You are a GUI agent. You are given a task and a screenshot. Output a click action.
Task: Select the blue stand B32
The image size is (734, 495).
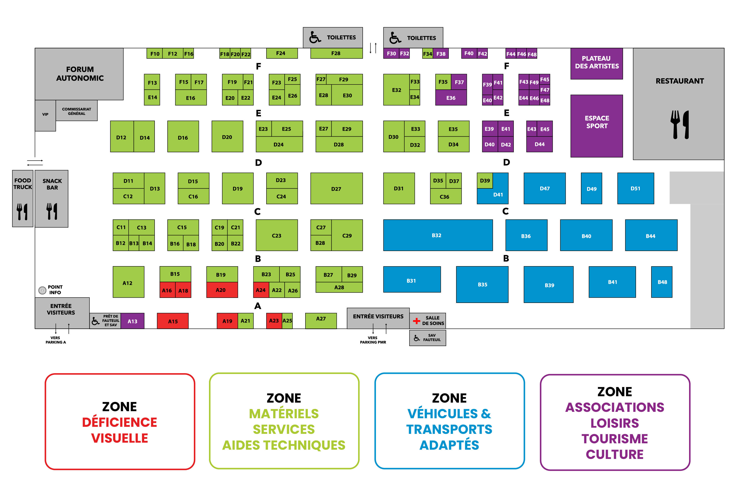pos(438,235)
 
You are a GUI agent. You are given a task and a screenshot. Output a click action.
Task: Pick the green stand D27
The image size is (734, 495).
pos(336,188)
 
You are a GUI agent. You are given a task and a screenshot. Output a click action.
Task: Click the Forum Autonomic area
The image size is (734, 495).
pos(80,74)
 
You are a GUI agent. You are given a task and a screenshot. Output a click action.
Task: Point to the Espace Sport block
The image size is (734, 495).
pos(596,126)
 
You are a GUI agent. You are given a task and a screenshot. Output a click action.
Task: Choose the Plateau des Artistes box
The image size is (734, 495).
pos(596,63)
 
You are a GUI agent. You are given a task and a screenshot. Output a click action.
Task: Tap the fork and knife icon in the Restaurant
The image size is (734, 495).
pos(679,124)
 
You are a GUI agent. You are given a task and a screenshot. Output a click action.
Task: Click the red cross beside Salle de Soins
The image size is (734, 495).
pos(416,321)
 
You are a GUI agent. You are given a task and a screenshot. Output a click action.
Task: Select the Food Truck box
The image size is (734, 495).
pos(22,198)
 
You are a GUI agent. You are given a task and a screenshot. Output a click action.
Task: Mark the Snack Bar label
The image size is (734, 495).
pos(52,184)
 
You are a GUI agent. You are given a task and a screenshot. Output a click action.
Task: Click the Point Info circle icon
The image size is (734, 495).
pos(42,290)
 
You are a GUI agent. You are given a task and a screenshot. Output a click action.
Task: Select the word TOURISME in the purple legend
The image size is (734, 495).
pos(614,438)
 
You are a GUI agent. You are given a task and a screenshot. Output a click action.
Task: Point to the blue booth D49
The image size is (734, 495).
pos(591,188)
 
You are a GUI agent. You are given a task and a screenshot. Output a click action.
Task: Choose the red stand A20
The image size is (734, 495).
pos(222,290)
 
